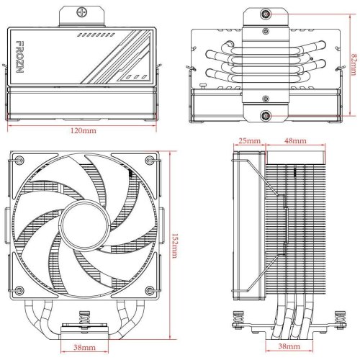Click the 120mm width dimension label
pyautogui.click(x=84, y=132)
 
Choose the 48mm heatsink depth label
pyautogui.click(x=293, y=140)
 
